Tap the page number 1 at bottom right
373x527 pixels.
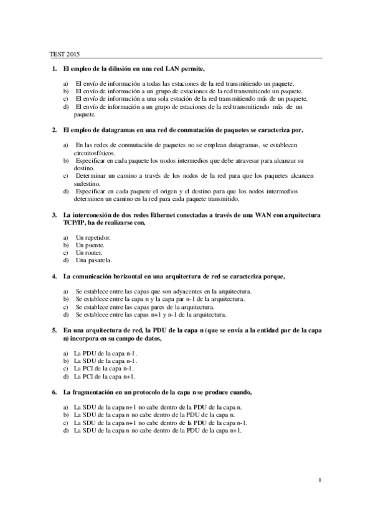point(319,479)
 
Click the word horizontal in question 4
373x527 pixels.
point(127,275)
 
